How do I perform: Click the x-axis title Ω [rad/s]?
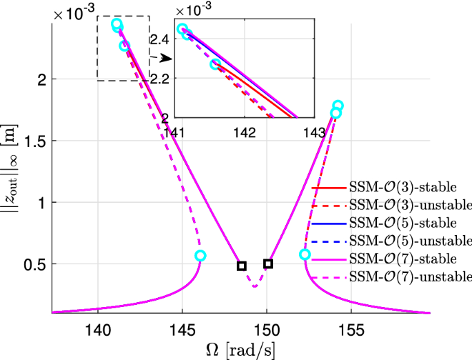[x=240, y=348]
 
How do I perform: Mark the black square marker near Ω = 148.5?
[x=242, y=266]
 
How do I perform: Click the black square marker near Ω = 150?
[x=268, y=264]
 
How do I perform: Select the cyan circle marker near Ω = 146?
[x=201, y=255]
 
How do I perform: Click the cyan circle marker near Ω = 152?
[x=305, y=254]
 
